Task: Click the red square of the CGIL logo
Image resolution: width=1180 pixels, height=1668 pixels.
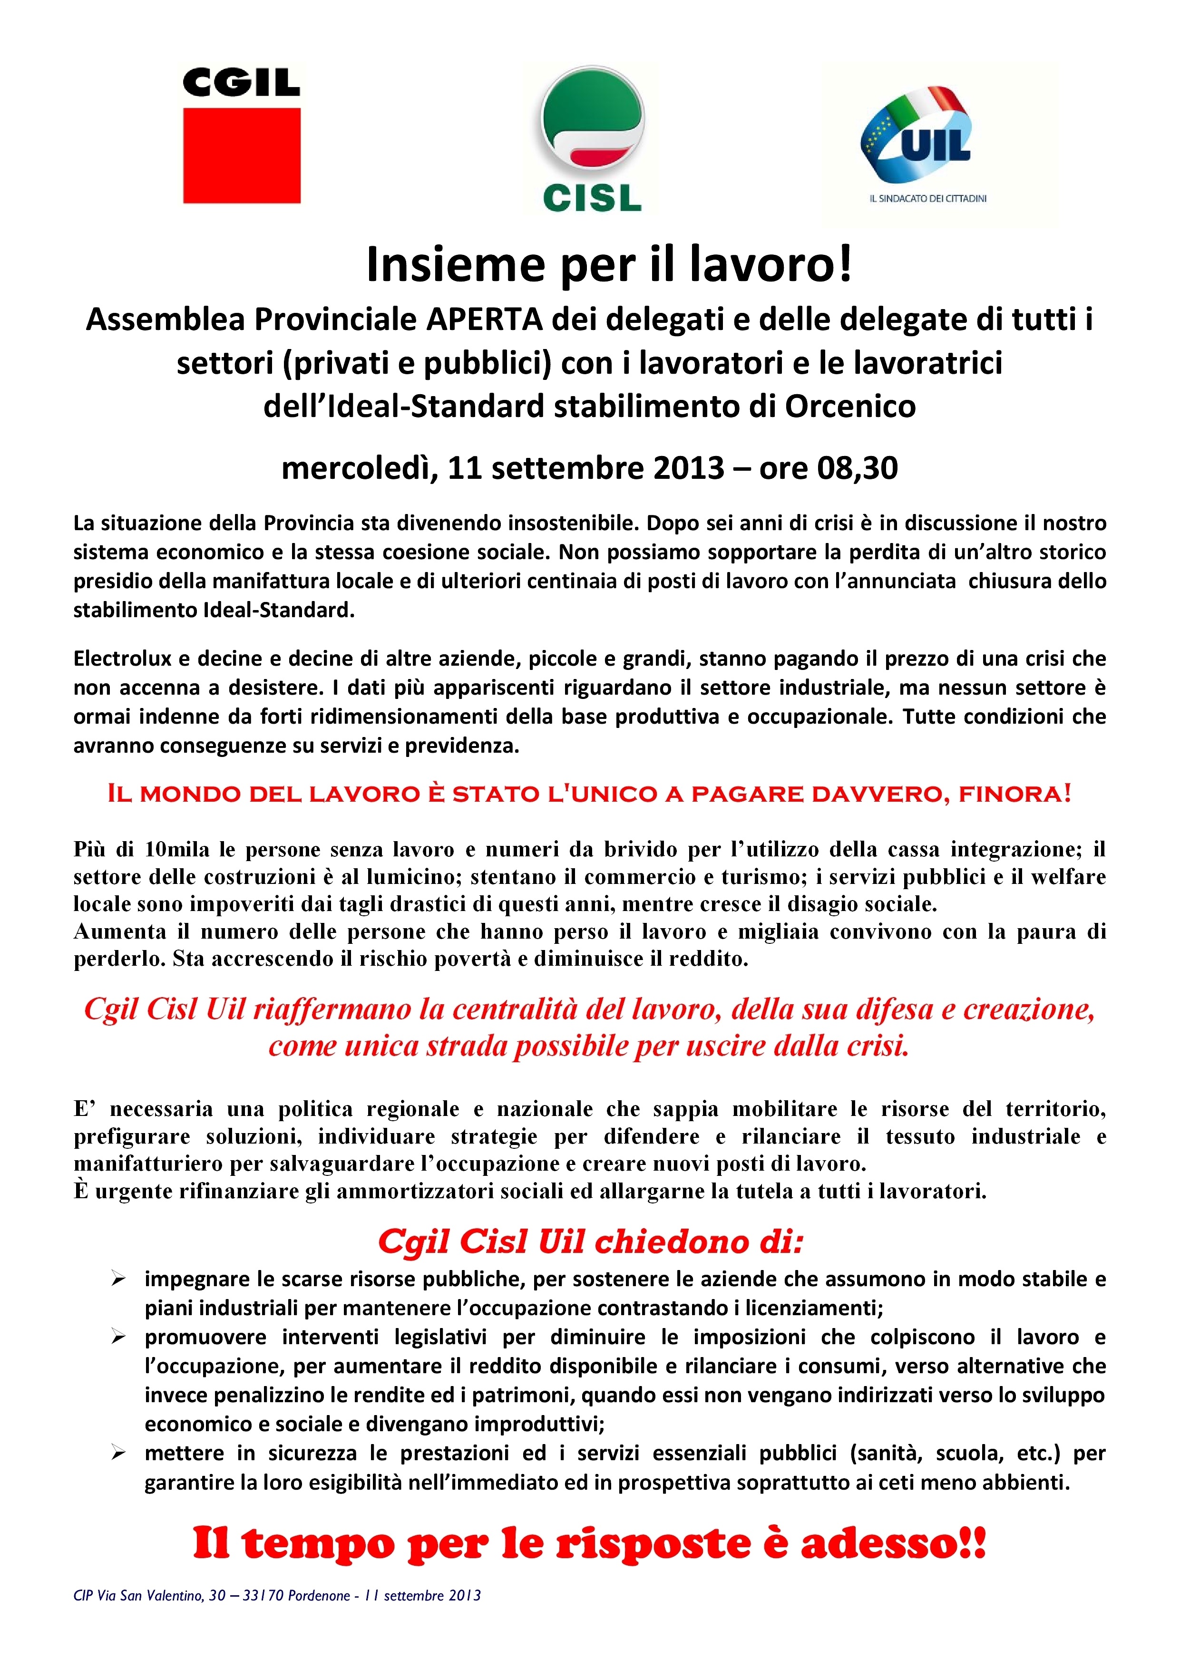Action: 241,155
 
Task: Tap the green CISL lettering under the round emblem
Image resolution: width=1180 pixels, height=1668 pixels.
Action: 592,198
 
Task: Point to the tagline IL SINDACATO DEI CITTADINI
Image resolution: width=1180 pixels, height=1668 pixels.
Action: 928,198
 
